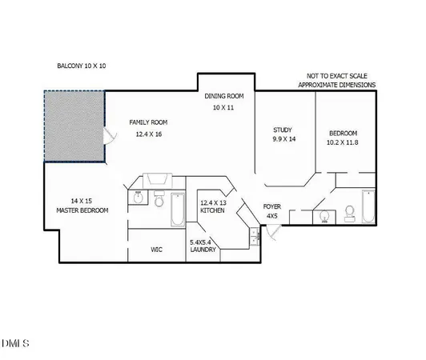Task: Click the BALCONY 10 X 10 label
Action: (82, 66)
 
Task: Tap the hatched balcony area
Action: (74, 126)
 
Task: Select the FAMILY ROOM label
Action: (149, 122)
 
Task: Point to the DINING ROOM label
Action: (223, 96)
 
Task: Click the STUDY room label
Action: (282, 130)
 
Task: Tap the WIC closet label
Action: (157, 249)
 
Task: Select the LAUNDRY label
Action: (204, 250)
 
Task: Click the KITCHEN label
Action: (212, 211)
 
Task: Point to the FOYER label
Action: (272, 206)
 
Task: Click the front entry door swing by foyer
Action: (275, 232)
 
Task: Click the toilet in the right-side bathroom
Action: (349, 213)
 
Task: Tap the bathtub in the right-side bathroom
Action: (368, 207)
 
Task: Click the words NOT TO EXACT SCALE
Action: (336, 74)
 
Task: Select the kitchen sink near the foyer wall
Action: (254, 235)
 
